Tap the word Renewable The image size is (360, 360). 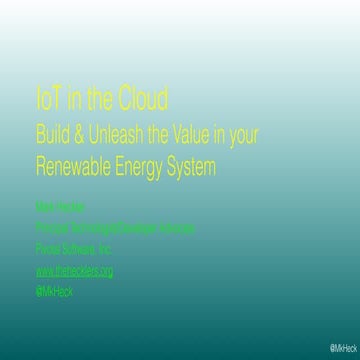[76, 165]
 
